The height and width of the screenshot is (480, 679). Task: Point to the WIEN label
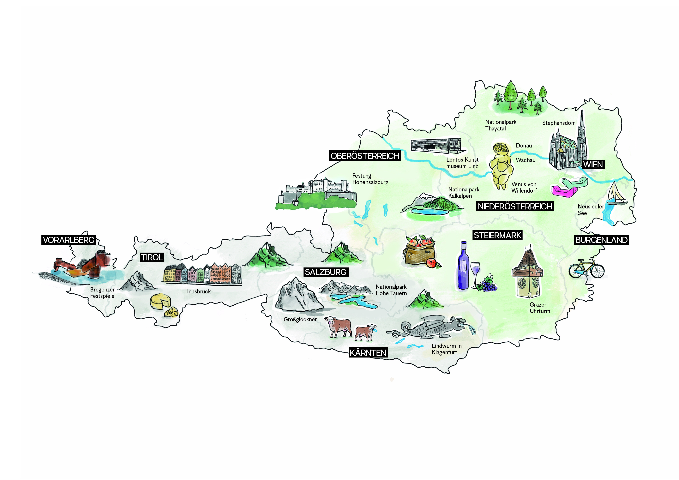(x=593, y=165)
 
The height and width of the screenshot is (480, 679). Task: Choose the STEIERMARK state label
(x=497, y=235)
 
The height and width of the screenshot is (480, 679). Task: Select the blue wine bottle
(x=463, y=266)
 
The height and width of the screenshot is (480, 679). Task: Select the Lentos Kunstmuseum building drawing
(x=436, y=146)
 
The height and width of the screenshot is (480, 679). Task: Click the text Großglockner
(x=300, y=319)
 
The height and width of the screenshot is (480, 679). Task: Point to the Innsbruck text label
(x=199, y=292)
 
